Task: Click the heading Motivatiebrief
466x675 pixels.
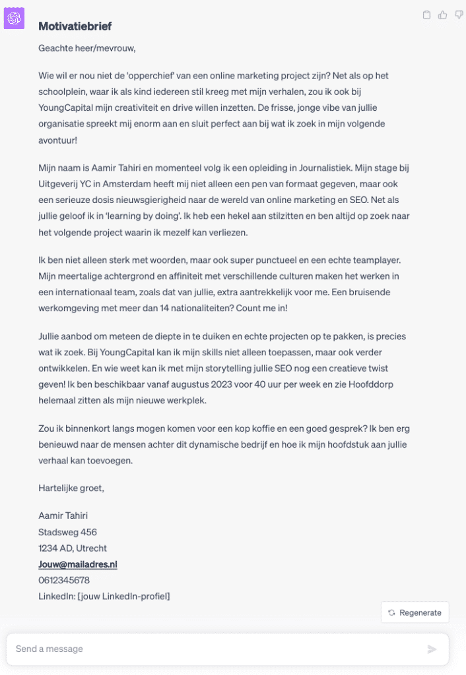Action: (x=75, y=26)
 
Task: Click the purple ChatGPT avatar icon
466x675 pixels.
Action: (x=14, y=18)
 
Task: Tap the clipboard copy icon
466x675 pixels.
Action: (x=426, y=15)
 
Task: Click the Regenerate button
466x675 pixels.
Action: (x=415, y=612)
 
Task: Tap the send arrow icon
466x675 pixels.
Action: (x=432, y=649)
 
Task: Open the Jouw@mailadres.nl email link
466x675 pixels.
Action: (x=78, y=564)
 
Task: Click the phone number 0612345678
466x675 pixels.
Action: (x=64, y=580)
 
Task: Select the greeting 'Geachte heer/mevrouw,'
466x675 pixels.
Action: (x=87, y=48)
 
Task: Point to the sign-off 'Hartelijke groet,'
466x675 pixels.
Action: (x=71, y=488)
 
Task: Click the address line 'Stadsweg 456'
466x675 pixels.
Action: (x=67, y=532)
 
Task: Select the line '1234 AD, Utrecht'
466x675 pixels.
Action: (x=73, y=548)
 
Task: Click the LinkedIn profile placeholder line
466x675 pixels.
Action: (x=104, y=596)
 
